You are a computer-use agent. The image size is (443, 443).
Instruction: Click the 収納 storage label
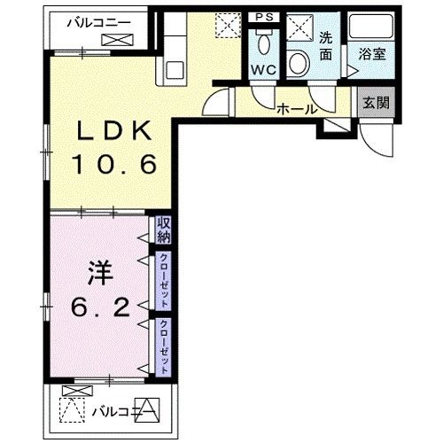164,229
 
